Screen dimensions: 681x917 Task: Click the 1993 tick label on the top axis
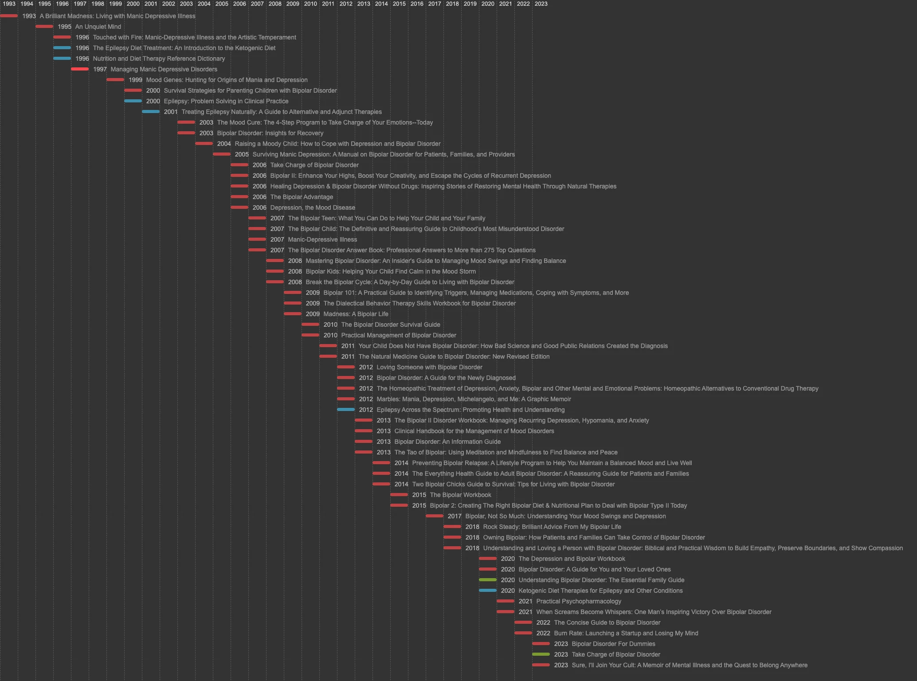tap(9, 4)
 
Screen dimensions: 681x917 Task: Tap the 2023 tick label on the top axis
tap(541, 4)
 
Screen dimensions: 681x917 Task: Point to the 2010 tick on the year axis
tap(310, 4)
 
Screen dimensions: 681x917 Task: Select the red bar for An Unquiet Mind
tap(44, 27)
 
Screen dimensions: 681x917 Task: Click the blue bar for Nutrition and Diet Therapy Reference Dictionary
tap(62, 59)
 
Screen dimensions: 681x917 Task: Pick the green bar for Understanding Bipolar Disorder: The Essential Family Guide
tap(488, 580)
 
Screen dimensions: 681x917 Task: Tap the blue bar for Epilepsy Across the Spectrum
tap(346, 410)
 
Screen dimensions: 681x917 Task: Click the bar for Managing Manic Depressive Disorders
tap(80, 69)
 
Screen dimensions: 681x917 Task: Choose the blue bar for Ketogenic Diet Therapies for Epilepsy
tap(488, 591)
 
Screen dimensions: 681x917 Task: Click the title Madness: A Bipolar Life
tap(356, 314)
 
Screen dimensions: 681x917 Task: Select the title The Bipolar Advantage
tap(302, 197)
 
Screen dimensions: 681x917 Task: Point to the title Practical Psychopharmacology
tap(579, 601)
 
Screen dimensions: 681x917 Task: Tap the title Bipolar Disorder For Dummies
tap(613, 644)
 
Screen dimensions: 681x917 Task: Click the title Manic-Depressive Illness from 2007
tap(322, 239)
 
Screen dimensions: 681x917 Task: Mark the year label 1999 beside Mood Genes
tap(135, 80)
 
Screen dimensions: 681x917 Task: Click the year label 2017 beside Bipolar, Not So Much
tap(455, 516)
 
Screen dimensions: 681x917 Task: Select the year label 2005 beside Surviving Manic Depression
tap(242, 154)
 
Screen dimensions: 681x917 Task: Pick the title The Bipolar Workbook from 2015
tap(460, 495)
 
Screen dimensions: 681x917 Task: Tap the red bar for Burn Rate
tap(523, 633)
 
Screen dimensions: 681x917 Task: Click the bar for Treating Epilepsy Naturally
tap(151, 112)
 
